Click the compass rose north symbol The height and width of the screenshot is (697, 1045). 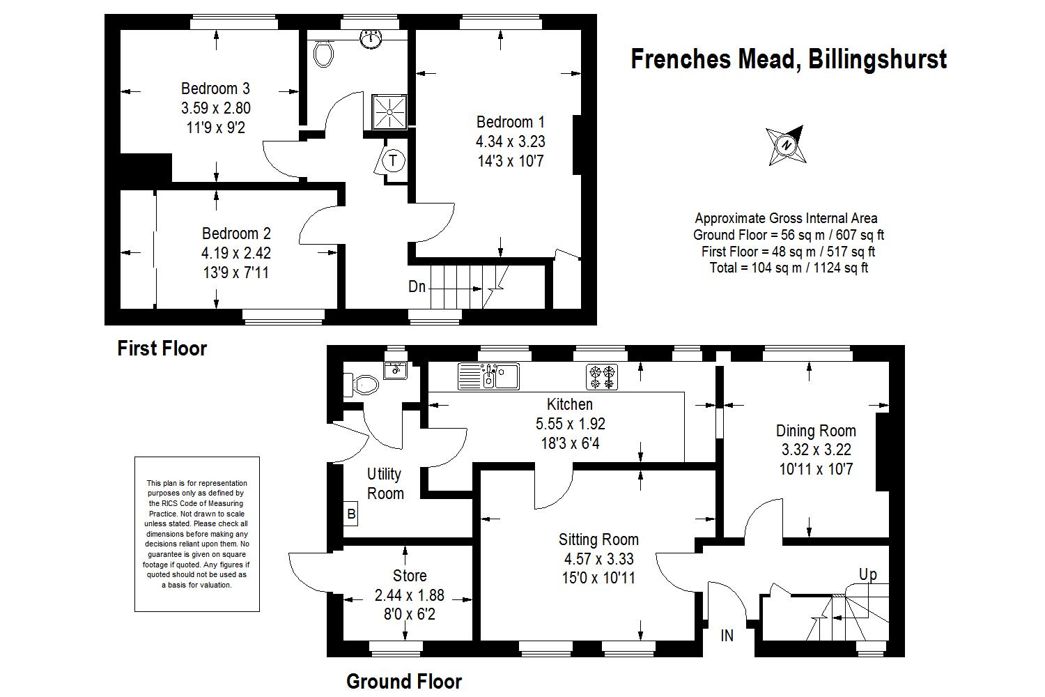click(787, 145)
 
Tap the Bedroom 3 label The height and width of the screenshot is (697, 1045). click(215, 89)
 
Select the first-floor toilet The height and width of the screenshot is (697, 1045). click(323, 53)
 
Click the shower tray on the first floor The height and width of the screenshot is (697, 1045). click(389, 112)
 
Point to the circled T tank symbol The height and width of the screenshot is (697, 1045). click(394, 160)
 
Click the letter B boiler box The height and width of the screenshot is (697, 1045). click(351, 514)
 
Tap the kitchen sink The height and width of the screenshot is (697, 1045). click(488, 376)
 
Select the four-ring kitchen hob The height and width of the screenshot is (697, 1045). click(602, 377)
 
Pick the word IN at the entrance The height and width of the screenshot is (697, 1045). click(727, 636)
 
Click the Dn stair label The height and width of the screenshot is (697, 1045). click(417, 286)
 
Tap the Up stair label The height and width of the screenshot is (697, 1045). click(868, 575)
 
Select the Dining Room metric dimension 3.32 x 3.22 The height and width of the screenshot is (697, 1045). click(816, 449)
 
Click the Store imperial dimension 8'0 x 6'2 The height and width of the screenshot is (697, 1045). click(409, 614)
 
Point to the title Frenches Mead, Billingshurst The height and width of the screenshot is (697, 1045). click(789, 59)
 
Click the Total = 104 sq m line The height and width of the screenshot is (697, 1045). click(789, 268)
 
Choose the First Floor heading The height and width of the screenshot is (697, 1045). click(162, 348)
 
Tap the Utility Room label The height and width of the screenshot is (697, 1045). click(385, 484)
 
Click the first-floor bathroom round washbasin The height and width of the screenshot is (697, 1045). click(371, 38)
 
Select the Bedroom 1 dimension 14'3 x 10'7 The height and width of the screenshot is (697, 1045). click(511, 161)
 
